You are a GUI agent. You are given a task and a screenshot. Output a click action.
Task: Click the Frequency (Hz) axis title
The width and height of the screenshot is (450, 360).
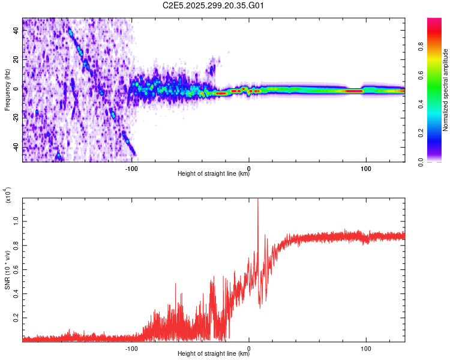coord(7,90)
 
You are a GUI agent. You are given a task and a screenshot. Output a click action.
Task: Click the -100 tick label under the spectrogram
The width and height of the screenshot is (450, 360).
coord(132,168)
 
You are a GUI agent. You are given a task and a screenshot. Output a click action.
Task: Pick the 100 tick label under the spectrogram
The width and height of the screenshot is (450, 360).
coord(365,168)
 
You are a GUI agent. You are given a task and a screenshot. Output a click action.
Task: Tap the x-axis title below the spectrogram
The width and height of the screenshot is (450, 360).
coord(214,174)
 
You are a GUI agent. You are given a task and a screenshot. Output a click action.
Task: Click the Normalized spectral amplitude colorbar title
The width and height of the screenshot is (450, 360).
coord(445,90)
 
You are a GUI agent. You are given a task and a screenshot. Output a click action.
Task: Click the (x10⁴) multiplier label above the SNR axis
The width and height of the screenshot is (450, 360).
coord(9,196)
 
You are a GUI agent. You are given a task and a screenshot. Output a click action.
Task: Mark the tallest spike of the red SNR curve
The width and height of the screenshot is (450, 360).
coord(258,201)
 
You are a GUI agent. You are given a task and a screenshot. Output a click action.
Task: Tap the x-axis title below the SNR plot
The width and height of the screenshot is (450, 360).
coord(214,354)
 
